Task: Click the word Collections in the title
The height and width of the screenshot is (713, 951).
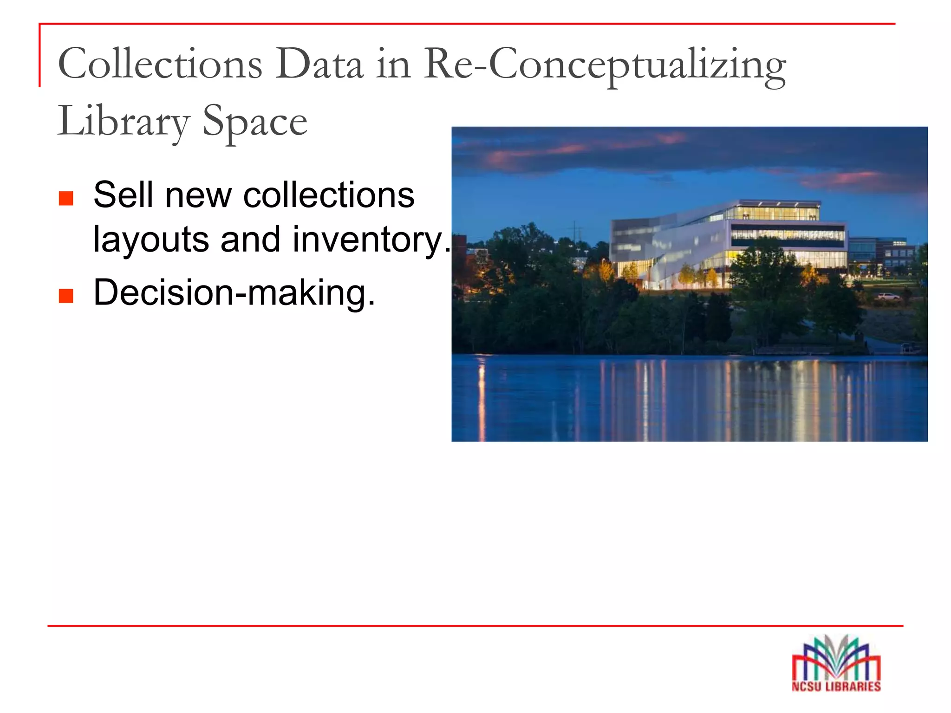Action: click(160, 64)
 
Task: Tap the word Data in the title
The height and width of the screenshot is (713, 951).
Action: click(319, 64)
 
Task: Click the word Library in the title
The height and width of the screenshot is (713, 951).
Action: click(124, 122)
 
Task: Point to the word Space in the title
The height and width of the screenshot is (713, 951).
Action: click(255, 122)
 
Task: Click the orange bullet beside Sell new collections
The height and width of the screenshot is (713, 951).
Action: click(66, 198)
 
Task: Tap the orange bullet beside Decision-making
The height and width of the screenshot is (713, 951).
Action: click(66, 296)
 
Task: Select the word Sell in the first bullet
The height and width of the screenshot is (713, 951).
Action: click(123, 195)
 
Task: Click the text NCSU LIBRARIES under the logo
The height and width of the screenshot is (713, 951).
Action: click(836, 687)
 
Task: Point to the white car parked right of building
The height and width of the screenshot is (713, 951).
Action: click(887, 296)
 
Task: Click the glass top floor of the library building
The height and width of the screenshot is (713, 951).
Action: click(773, 212)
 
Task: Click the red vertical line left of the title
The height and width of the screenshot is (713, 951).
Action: click(39, 56)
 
